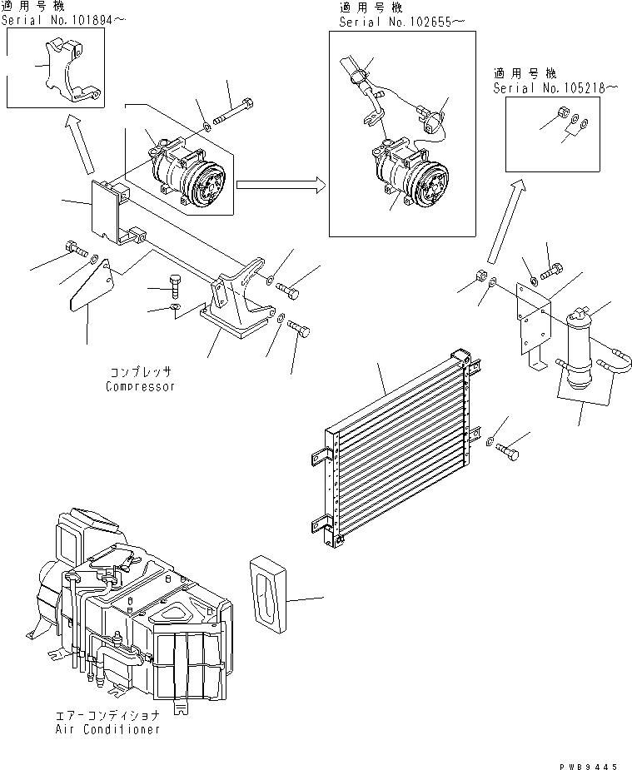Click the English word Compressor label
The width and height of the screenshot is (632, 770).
click(x=140, y=386)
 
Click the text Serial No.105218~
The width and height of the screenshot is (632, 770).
click(x=555, y=87)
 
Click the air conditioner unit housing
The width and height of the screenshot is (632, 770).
click(x=133, y=608)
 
